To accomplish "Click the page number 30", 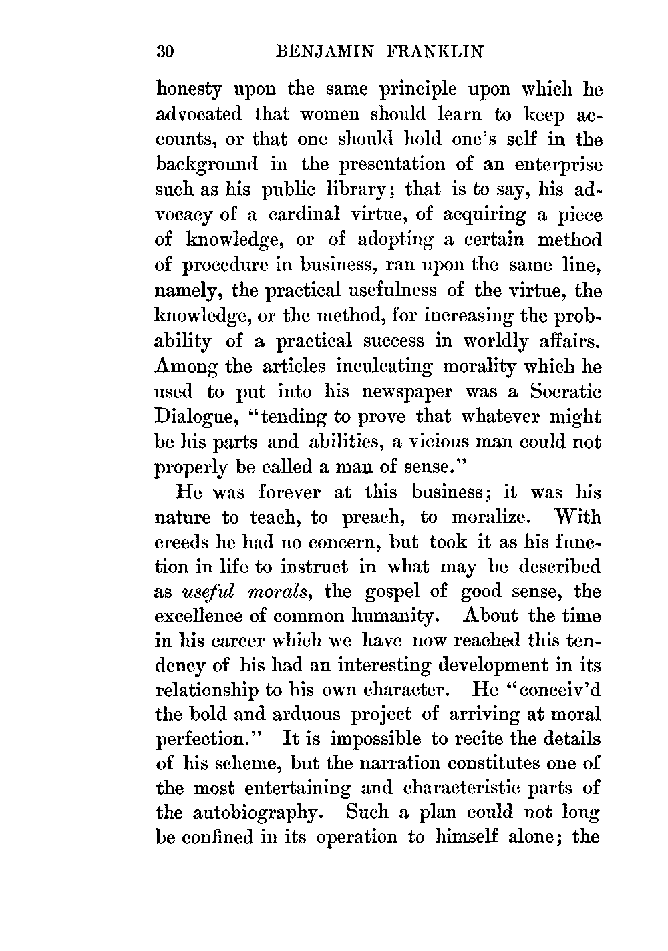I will pyautogui.click(x=164, y=51).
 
